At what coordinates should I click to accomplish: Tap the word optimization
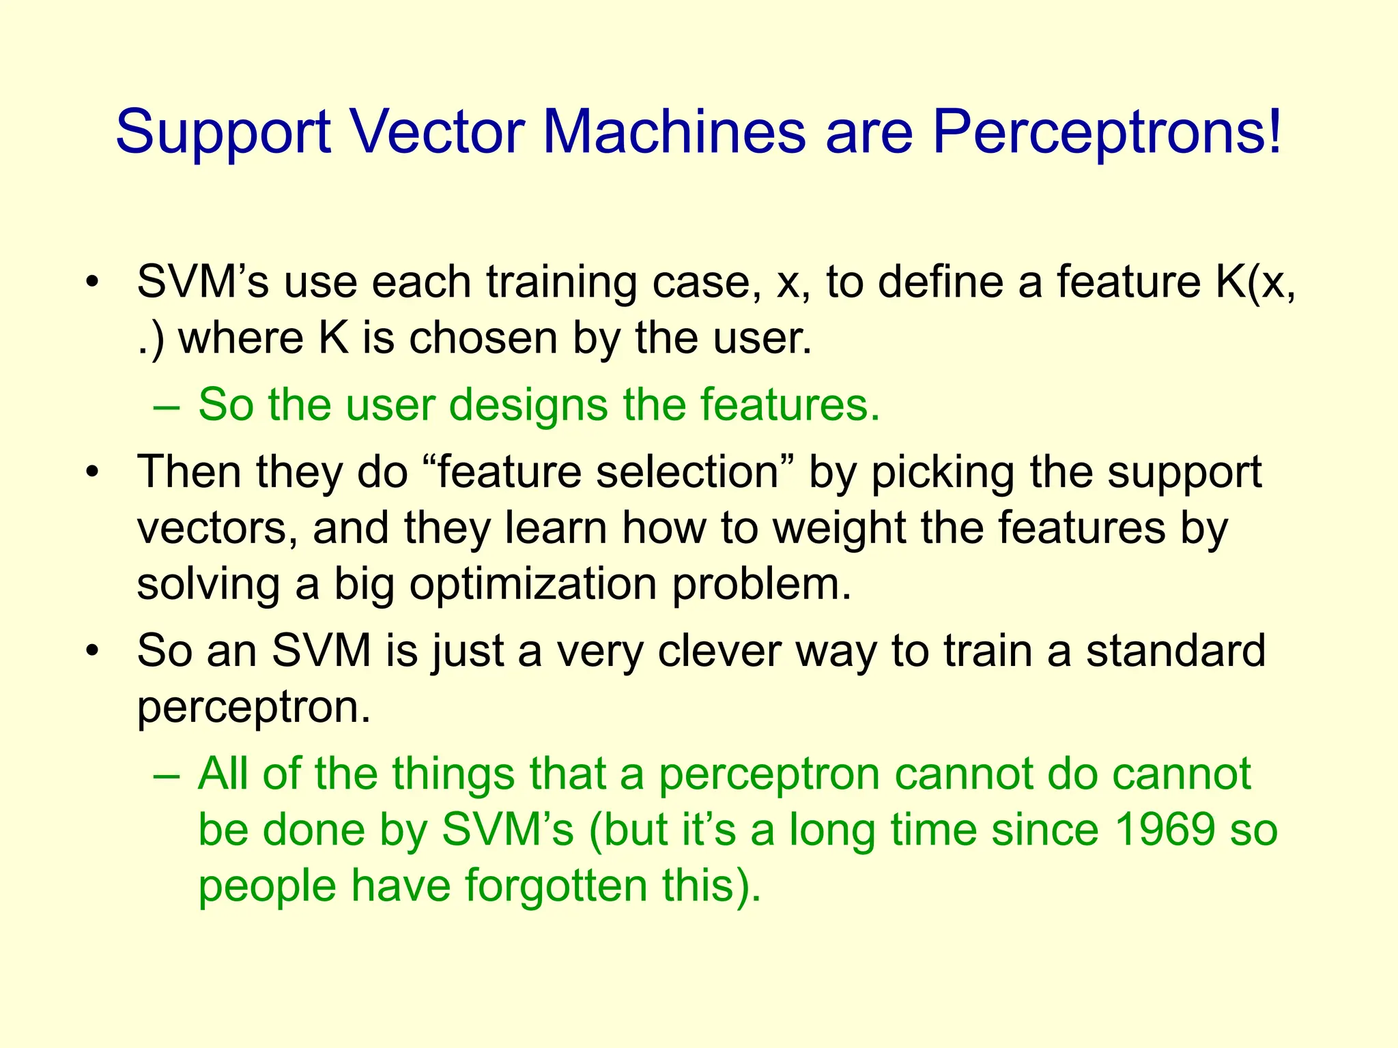pyautogui.click(x=532, y=585)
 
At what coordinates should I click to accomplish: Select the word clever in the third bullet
pyautogui.click(x=719, y=650)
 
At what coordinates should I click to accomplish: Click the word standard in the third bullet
pyautogui.click(x=1175, y=650)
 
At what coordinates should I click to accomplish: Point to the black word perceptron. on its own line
pyautogui.click(x=253, y=708)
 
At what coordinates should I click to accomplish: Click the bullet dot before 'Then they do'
pyautogui.click(x=93, y=472)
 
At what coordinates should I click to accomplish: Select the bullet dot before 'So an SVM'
pyautogui.click(x=93, y=650)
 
